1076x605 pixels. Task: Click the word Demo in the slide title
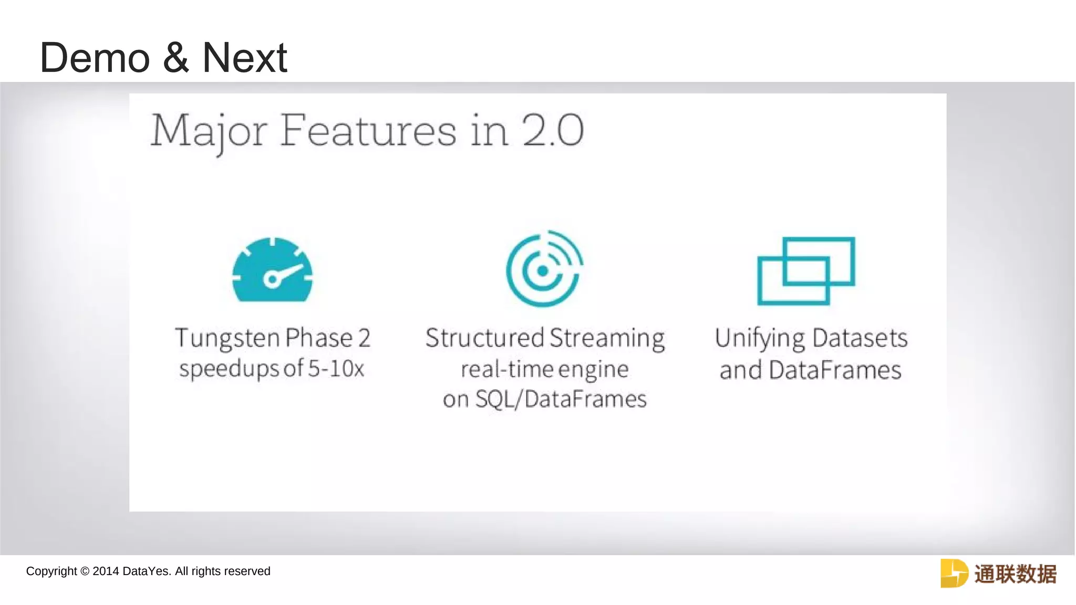tap(95, 58)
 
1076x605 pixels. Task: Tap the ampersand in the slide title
tap(176, 58)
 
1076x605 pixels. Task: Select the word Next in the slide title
tap(244, 58)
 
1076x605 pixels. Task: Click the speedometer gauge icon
tap(272, 270)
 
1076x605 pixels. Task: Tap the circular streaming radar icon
tap(544, 269)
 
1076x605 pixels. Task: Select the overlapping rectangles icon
tap(806, 270)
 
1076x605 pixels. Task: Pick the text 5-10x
tap(336, 369)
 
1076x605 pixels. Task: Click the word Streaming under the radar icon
tap(607, 339)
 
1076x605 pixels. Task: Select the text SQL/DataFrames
tap(561, 399)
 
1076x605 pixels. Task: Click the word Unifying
tap(759, 339)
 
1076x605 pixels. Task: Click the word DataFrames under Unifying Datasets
tap(835, 370)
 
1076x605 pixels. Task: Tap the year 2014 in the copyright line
tap(106, 571)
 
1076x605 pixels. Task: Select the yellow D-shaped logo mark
tap(954, 573)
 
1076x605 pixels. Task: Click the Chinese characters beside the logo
tap(1015, 573)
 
